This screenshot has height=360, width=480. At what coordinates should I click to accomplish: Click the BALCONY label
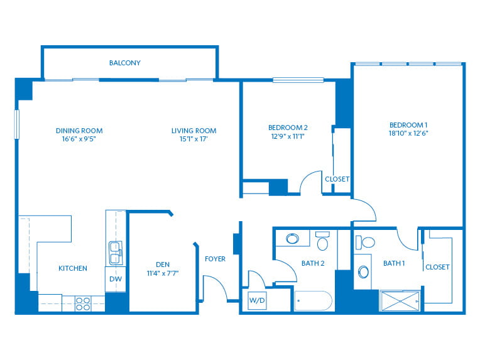pyautogui.click(x=125, y=63)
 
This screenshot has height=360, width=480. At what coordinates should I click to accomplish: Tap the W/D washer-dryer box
pyautogui.click(x=257, y=300)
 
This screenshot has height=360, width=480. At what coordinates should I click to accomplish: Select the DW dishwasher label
pyautogui.click(x=116, y=279)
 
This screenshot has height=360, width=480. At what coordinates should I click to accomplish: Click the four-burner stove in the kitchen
pyautogui.click(x=83, y=303)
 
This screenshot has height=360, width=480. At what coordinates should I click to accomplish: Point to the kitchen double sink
pyautogui.click(x=116, y=253)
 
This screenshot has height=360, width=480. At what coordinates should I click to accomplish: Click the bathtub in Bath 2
pyautogui.click(x=313, y=300)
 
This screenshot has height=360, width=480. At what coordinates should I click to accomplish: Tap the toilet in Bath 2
pyautogui.click(x=322, y=241)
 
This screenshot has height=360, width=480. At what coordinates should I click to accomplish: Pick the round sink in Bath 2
pyautogui.click(x=293, y=239)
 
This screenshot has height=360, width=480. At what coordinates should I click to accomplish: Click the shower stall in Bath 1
pyautogui.click(x=400, y=301)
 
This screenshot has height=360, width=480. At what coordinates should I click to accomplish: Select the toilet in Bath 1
pyautogui.click(x=365, y=243)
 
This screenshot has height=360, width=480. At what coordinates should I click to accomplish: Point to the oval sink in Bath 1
pyautogui.click(x=363, y=271)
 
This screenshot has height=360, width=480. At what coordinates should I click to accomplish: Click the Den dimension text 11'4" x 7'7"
pyautogui.click(x=163, y=273)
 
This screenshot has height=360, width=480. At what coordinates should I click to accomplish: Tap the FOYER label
pyautogui.click(x=215, y=259)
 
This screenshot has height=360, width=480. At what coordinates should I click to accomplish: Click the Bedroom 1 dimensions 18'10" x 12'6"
pyautogui.click(x=408, y=133)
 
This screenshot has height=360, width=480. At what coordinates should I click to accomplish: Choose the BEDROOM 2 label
pyautogui.click(x=288, y=128)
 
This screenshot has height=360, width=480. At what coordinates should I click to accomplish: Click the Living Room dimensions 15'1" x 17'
pyautogui.click(x=194, y=139)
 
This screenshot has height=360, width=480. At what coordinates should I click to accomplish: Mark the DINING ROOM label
pyautogui.click(x=79, y=131)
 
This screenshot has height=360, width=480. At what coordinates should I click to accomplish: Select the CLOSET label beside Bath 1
pyautogui.click(x=437, y=267)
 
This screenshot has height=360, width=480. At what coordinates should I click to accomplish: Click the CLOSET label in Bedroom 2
pyautogui.click(x=337, y=179)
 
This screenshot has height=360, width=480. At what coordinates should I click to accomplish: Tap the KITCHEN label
pyautogui.click(x=73, y=268)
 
